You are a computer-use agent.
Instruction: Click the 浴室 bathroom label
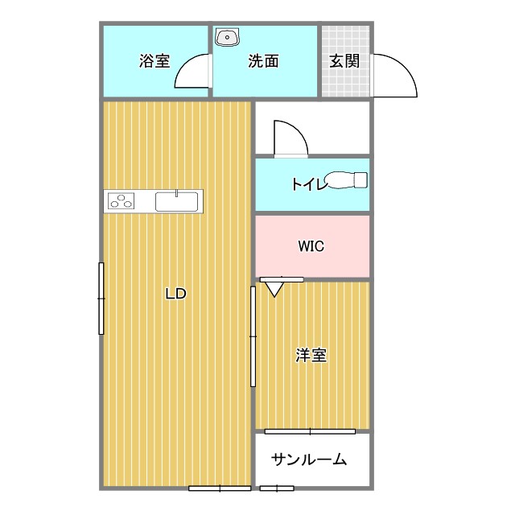coord(154,61)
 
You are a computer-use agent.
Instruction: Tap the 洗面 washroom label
coord(263,61)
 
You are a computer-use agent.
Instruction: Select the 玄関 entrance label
coord(344,61)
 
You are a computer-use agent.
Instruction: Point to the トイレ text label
coord(309,184)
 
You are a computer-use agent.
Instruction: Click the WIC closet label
coord(311,246)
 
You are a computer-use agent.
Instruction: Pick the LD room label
coord(175,294)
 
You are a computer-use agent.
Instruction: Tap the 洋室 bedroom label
coord(311,355)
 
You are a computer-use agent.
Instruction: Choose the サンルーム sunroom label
coord(309,460)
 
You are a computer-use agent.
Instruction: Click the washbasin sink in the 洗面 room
coord(229,36)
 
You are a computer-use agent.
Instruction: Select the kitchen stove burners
coord(122,201)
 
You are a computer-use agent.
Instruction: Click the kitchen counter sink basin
coord(177,201)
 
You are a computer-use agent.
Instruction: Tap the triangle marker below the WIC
coord(274,288)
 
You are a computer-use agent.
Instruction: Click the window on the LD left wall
coord(101,298)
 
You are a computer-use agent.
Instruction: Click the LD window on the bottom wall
coord(220,488)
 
